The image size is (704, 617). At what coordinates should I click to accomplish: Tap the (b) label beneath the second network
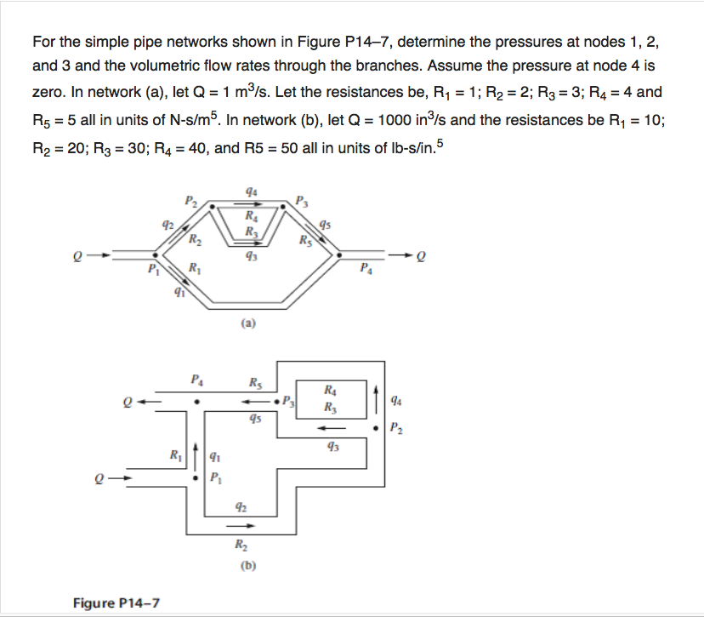click(x=249, y=564)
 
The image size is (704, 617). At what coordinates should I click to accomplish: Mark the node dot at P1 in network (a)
click(x=154, y=254)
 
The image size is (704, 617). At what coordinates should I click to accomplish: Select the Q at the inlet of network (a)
click(x=78, y=254)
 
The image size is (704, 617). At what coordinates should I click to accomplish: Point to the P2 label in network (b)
click(x=395, y=427)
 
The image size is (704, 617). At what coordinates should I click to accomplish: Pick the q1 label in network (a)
click(x=179, y=294)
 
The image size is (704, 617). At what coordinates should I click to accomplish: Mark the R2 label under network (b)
click(x=239, y=545)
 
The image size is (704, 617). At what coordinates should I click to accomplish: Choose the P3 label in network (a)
click(x=304, y=202)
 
